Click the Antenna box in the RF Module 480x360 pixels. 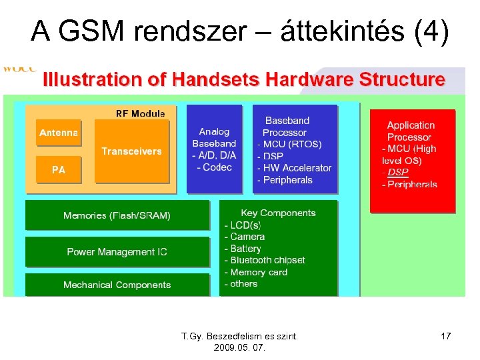[x=59, y=133]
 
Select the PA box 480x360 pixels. [x=59, y=170]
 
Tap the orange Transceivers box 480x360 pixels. [x=131, y=151]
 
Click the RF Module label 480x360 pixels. [x=140, y=114]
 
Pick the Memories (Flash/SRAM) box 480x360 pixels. [x=117, y=215]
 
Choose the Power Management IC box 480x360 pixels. [x=117, y=252]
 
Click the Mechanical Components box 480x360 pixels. [x=117, y=285]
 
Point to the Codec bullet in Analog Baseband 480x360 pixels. [x=216, y=167]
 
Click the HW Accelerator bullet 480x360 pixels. [x=297, y=168]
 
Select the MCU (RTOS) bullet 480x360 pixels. [x=291, y=144]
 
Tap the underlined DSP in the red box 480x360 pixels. [x=398, y=172]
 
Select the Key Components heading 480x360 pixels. [x=278, y=213]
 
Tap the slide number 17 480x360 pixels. [x=446, y=337]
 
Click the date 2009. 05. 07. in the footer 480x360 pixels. [x=239, y=348]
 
